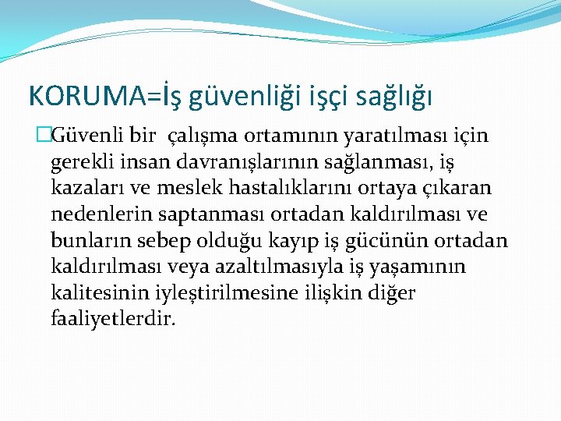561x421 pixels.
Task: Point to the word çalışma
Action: (206, 137)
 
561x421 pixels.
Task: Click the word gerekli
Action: (81, 163)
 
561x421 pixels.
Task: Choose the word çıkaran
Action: (464, 189)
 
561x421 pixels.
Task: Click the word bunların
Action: (84, 240)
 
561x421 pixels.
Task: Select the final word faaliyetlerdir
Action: (113, 317)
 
